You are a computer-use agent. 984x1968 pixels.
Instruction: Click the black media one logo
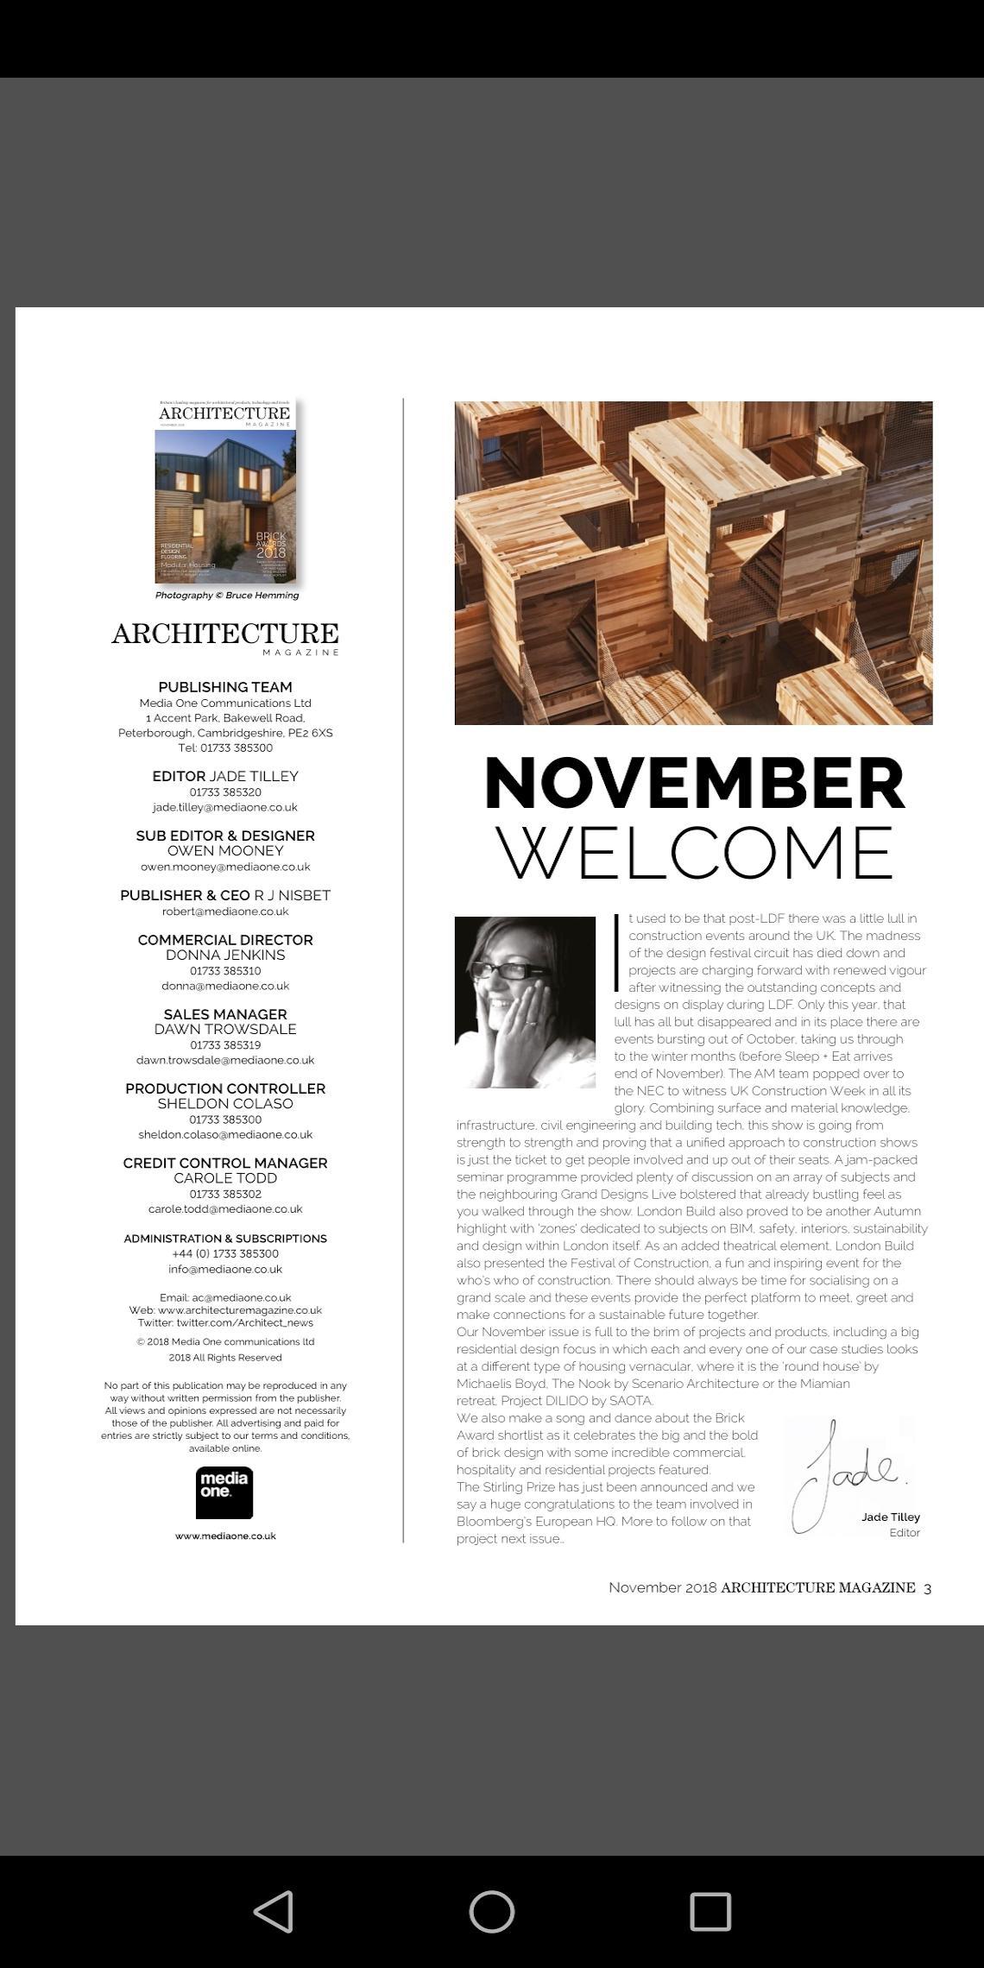pyautogui.click(x=224, y=1492)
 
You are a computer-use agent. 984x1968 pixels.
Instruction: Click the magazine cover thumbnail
pyautogui.click(x=225, y=490)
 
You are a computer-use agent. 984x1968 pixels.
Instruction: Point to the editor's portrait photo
pyautogui.click(x=525, y=1002)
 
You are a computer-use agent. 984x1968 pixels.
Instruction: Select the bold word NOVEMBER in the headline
pyautogui.click(x=694, y=784)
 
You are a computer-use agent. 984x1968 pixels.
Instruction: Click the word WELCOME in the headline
pyautogui.click(x=694, y=853)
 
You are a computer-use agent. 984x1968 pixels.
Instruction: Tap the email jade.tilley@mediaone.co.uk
pyautogui.click(x=225, y=807)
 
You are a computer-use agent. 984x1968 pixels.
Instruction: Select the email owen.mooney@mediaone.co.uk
pyautogui.click(x=225, y=867)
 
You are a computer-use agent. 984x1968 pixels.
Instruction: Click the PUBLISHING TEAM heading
pyautogui.click(x=225, y=687)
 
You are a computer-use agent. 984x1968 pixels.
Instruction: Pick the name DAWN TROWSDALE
pyautogui.click(x=225, y=1029)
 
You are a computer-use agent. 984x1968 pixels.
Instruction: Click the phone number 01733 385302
pyautogui.click(x=225, y=1194)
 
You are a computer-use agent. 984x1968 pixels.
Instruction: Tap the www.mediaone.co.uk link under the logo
pyautogui.click(x=225, y=1536)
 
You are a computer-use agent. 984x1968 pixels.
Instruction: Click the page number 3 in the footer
pyautogui.click(x=927, y=1588)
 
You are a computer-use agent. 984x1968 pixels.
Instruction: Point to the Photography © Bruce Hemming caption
pyautogui.click(x=227, y=595)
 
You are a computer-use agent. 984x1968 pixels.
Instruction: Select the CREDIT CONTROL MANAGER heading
pyautogui.click(x=225, y=1163)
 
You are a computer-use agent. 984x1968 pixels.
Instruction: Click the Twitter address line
pyautogui.click(x=225, y=1322)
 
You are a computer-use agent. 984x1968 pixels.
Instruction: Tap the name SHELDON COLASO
pyautogui.click(x=225, y=1103)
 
